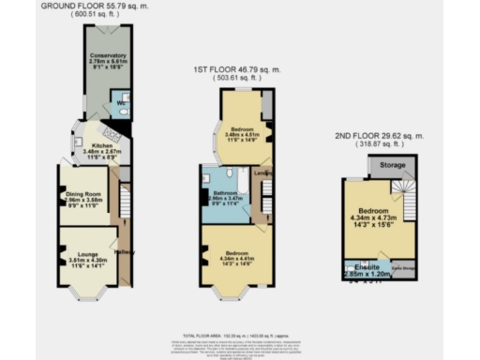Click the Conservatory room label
point(108,56)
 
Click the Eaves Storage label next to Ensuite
point(401,267)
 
